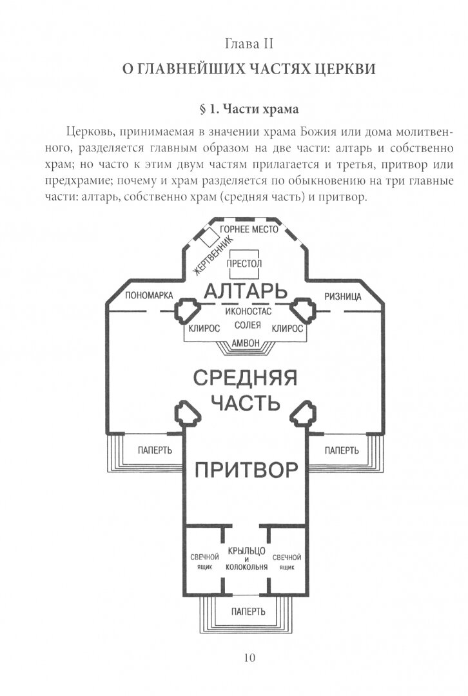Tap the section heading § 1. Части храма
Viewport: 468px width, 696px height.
pyautogui.click(x=249, y=108)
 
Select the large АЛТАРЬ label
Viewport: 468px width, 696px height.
pyautogui.click(x=246, y=292)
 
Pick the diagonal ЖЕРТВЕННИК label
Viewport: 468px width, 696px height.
pyautogui.click(x=201, y=257)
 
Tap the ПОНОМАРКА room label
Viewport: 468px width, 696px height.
pyautogui.click(x=149, y=296)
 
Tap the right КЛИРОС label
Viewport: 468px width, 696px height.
pyautogui.click(x=288, y=328)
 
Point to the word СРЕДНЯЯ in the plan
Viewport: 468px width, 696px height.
pyautogui.click(x=245, y=377)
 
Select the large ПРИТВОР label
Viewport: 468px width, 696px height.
pyautogui.click(x=246, y=469)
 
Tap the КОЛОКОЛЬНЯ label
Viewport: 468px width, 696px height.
pyautogui.click(x=246, y=567)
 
